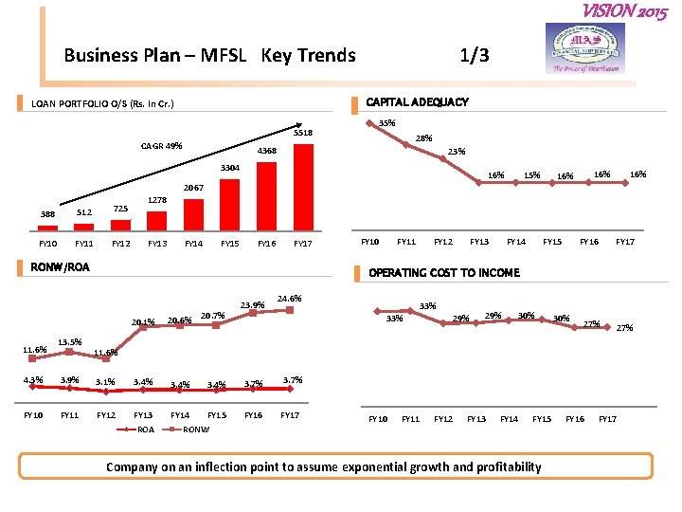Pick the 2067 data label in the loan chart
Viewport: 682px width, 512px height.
coord(194,187)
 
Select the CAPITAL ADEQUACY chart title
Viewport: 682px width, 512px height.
coord(417,102)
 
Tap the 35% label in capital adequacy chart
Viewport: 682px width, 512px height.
coord(386,122)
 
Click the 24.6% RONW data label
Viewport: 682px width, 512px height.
coord(290,299)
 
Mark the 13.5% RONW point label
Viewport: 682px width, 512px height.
coord(70,342)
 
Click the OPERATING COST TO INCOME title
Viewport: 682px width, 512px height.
coord(444,273)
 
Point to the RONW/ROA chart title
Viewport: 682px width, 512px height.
coord(61,267)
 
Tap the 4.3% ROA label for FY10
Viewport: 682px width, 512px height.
coord(32,381)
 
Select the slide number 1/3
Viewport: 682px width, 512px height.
coord(475,55)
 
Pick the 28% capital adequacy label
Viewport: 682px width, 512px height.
coord(425,138)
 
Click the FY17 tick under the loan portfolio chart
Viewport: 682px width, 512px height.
coord(302,244)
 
